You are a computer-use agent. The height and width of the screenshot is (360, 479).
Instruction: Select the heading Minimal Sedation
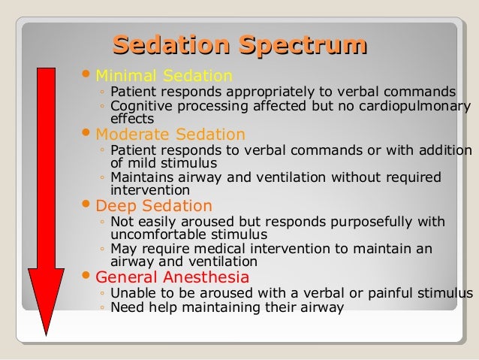[x=164, y=76]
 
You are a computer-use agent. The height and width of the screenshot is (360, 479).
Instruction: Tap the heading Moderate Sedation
[x=170, y=135]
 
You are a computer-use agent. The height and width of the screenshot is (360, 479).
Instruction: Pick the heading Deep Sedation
[x=154, y=205]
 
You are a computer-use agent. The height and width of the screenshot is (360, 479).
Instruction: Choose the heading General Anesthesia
[x=173, y=277]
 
